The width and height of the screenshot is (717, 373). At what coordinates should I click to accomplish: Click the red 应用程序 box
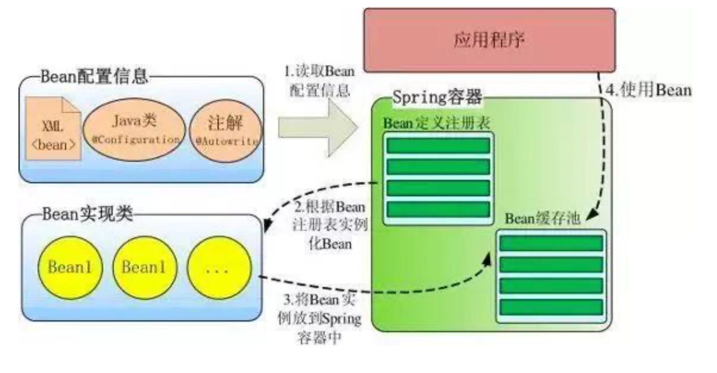489,40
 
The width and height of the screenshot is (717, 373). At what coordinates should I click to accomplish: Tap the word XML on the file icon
53,126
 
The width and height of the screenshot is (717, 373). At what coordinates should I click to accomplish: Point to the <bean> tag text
54,144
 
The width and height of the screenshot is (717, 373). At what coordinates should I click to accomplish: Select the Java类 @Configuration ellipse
134,129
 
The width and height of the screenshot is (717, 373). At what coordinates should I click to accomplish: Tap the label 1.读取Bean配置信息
320,81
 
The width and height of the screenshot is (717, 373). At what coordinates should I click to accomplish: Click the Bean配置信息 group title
94,76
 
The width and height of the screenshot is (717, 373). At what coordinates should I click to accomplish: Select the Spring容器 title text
437,97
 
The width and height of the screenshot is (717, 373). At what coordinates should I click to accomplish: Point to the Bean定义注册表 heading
436,123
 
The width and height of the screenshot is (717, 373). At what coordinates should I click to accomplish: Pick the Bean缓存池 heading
542,218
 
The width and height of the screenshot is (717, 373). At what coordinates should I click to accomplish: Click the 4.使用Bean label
648,90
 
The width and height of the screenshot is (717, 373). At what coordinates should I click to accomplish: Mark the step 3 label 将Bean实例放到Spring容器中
319,319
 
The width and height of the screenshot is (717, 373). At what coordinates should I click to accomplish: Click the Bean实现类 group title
88,214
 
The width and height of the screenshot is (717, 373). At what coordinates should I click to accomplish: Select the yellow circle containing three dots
219,268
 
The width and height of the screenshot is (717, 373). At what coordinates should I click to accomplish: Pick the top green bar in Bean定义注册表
438,146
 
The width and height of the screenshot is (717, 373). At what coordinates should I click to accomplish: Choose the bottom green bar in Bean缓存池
551,307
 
